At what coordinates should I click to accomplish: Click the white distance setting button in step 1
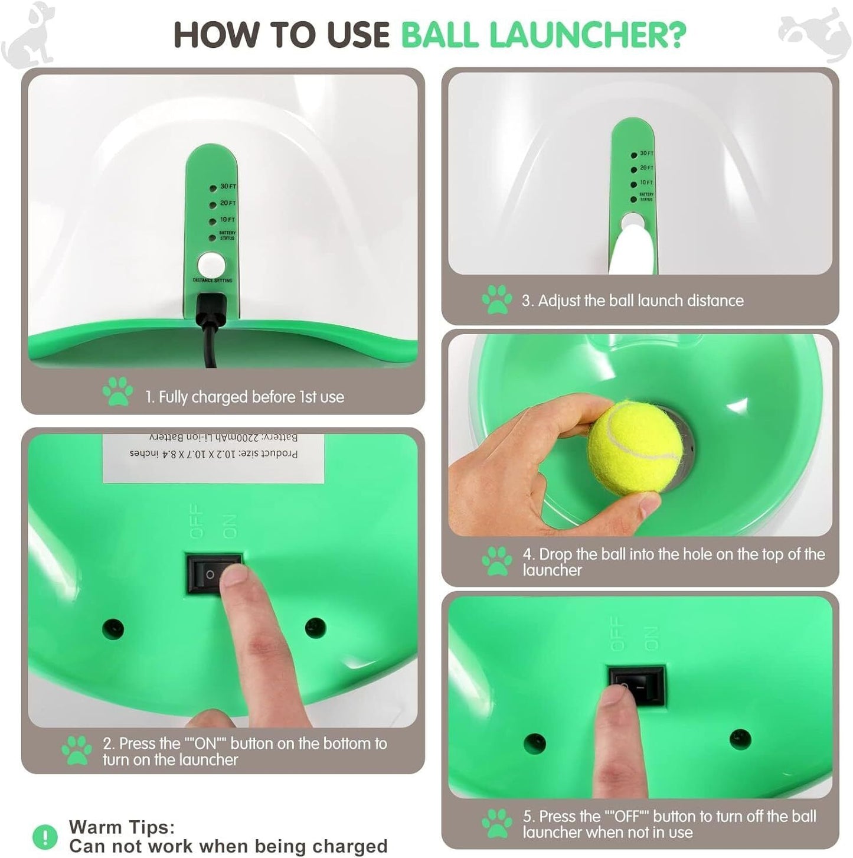210,264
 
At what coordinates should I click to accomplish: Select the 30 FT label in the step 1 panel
228,187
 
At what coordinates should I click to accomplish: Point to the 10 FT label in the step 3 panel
646,182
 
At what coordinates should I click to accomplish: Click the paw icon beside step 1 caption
117,392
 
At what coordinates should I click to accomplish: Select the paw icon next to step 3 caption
497,300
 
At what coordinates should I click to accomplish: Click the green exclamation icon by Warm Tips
45,836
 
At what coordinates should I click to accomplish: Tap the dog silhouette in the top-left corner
28,34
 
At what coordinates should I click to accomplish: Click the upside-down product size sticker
214,458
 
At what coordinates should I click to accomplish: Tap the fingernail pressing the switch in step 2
234,576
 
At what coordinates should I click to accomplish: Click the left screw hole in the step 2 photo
112,628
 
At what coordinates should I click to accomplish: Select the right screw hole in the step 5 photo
740,739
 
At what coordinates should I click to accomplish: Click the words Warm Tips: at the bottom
122,827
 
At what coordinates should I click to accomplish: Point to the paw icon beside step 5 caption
497,823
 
